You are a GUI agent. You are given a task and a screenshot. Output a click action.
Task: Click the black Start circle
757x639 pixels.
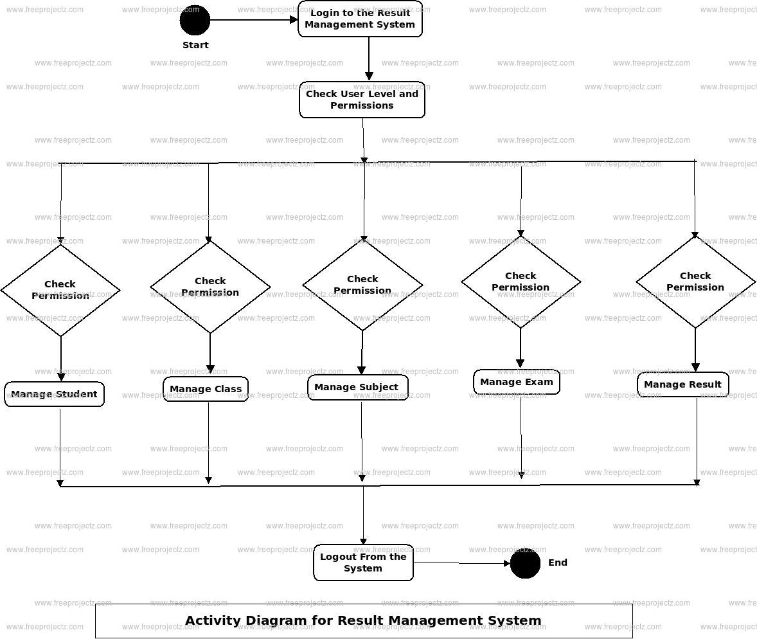(x=195, y=21)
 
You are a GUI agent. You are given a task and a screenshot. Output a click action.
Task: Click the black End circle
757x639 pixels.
(x=525, y=563)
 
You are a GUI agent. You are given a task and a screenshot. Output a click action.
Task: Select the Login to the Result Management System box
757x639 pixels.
(x=360, y=19)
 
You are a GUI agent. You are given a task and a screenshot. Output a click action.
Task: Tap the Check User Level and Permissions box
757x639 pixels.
(x=362, y=100)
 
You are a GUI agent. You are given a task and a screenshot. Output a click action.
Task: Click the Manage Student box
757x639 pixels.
(x=54, y=394)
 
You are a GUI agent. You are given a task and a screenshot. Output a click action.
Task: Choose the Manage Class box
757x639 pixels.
(x=206, y=389)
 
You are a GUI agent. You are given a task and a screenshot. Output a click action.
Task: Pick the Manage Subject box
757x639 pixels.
(x=357, y=387)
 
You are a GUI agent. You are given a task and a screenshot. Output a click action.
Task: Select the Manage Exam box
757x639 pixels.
(x=517, y=382)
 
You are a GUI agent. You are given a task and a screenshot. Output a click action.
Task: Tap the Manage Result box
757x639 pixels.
(x=682, y=384)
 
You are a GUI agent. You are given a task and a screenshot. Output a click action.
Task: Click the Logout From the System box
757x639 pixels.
(x=363, y=562)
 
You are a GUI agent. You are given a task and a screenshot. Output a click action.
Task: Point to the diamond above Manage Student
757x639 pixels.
(x=60, y=290)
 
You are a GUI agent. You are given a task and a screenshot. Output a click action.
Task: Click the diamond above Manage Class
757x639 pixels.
(x=210, y=287)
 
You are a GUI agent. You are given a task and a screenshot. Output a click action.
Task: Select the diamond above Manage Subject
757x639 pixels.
(x=362, y=285)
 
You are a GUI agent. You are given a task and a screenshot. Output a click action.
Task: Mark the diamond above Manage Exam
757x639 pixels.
(x=521, y=282)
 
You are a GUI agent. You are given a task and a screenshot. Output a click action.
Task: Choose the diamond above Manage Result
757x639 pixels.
(x=695, y=282)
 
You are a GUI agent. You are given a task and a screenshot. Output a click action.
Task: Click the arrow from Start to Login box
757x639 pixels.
(x=254, y=20)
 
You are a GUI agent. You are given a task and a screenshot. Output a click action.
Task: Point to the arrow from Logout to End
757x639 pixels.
(x=461, y=564)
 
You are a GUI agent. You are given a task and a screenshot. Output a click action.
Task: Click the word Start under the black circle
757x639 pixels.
(x=195, y=45)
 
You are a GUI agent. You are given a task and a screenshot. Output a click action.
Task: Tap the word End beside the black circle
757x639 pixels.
(x=558, y=562)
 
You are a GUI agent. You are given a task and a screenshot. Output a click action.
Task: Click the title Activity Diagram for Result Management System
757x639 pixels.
(x=363, y=621)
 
